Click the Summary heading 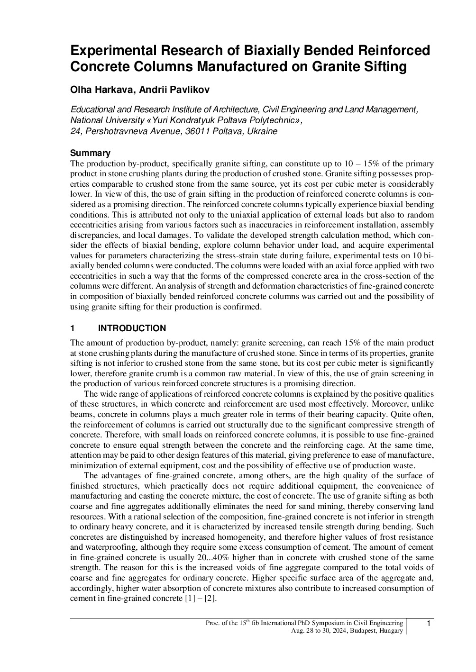[90, 153]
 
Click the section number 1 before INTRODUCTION [73, 328]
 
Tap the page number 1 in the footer [429, 624]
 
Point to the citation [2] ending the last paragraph [210, 599]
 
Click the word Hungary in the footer [392, 630]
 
